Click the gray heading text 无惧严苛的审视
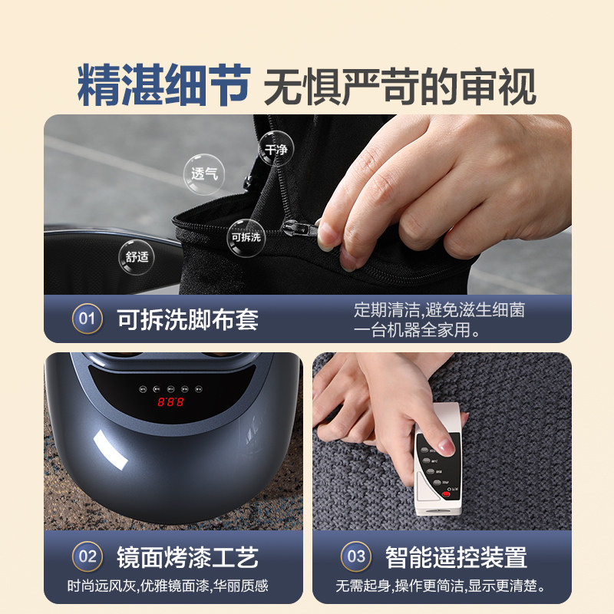pyautogui.click(x=399, y=86)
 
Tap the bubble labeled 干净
pyautogui.click(x=276, y=149)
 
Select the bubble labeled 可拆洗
pyautogui.click(x=246, y=236)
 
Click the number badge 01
pyautogui.click(x=87, y=319)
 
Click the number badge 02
pyautogui.click(x=87, y=556)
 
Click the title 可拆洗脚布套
pyautogui.click(x=187, y=319)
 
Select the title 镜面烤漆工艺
pyautogui.click(x=187, y=556)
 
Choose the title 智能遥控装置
pyautogui.click(x=456, y=556)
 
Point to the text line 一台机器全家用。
pyautogui.click(x=417, y=331)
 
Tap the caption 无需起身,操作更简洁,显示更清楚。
pyautogui.click(x=440, y=586)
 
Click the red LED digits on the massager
pyautogui.click(x=170, y=402)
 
